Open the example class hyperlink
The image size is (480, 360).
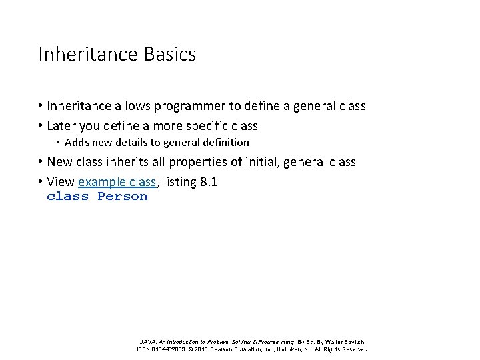click(x=117, y=182)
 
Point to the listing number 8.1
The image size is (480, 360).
click(x=209, y=182)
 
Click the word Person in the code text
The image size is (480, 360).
click(x=122, y=197)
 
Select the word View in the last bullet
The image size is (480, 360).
click(x=61, y=182)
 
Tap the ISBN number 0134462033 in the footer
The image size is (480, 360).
click(x=171, y=349)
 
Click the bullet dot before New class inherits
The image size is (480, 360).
click(x=41, y=162)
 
